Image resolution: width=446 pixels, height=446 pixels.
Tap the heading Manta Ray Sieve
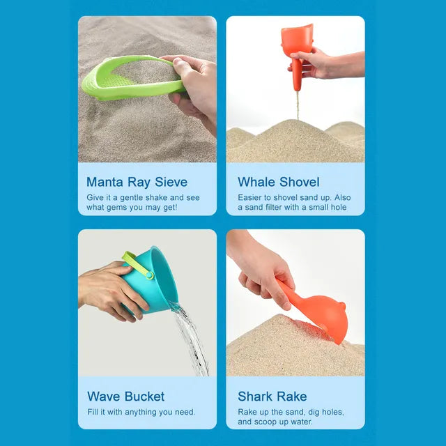[137, 182]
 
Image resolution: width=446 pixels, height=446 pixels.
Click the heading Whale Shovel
[279, 182]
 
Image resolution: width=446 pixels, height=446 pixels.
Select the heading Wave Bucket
[126, 397]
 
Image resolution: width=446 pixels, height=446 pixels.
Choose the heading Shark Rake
[272, 397]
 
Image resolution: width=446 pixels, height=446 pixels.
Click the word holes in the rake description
[330, 412]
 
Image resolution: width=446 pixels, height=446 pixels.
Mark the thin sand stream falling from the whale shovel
[298, 105]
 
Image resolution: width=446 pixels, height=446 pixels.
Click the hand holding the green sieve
[192, 87]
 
